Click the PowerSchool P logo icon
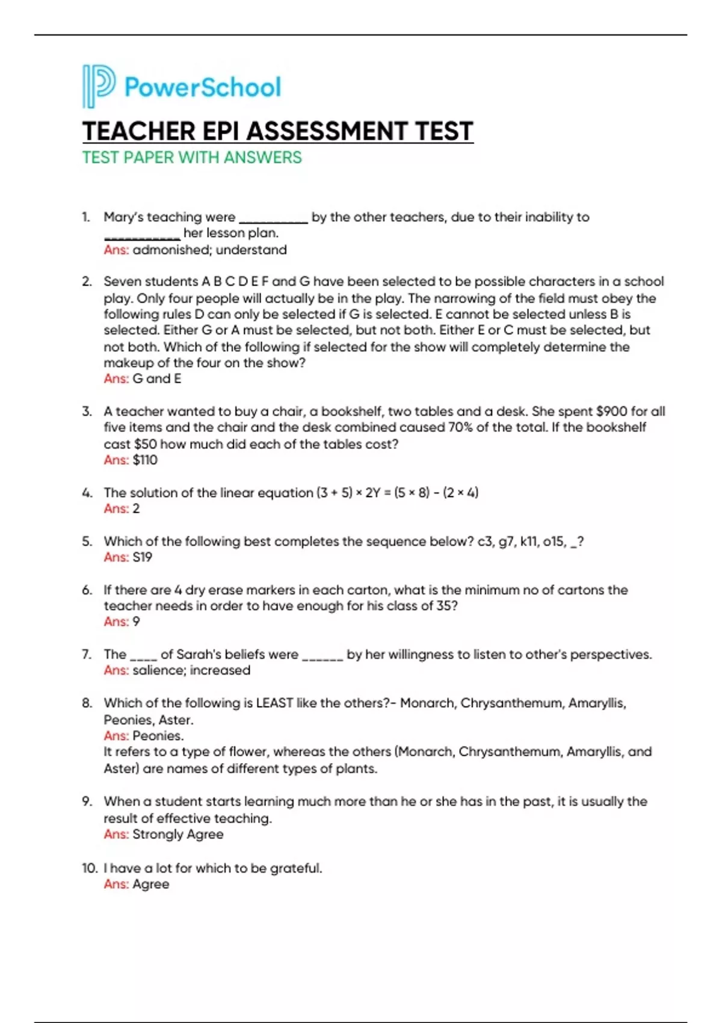(x=98, y=87)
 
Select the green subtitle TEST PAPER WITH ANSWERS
(x=192, y=158)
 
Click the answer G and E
(x=156, y=379)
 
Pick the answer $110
(x=145, y=460)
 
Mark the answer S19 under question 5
(x=143, y=557)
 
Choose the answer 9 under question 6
(x=137, y=622)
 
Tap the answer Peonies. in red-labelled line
(x=158, y=736)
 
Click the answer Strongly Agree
(x=177, y=835)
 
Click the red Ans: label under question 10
(x=116, y=885)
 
